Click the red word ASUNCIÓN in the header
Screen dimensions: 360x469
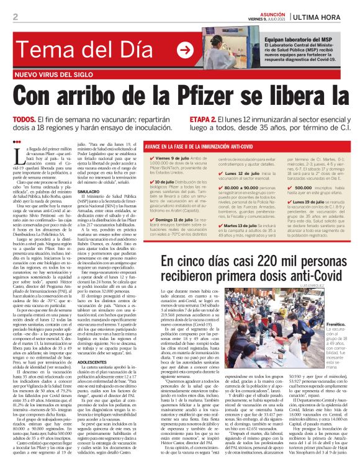click(x=274, y=11)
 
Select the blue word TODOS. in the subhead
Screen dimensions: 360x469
click(x=24, y=119)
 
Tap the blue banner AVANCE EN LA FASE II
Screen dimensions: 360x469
click(x=194, y=147)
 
